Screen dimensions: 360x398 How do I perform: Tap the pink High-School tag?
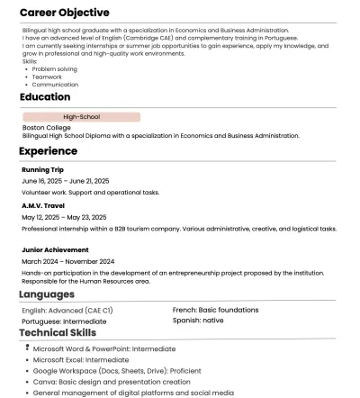[x=81, y=117]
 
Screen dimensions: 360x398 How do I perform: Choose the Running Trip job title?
[x=42, y=169]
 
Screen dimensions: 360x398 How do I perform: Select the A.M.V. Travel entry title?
[x=42, y=205]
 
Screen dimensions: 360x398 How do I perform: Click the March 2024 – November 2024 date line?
[x=67, y=261]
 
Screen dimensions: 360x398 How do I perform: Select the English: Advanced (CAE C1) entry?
[x=67, y=311]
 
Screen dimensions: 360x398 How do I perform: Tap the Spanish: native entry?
[x=198, y=320]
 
